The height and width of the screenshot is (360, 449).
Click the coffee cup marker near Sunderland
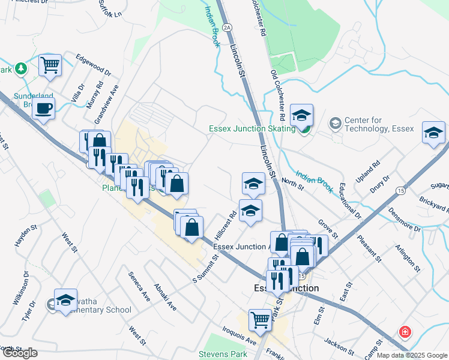[43, 109]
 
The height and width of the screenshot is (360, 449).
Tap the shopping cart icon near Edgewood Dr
[50, 64]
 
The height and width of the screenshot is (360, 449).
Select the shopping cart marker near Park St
[260, 319]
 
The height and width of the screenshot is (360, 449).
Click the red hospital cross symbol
[406, 332]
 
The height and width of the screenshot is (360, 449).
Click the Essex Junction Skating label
[252, 129]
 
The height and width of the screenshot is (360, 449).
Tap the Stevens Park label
[222, 355]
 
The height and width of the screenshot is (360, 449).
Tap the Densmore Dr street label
[405, 219]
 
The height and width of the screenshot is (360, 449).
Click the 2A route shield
[226, 27]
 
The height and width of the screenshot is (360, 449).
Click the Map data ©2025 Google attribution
[412, 355]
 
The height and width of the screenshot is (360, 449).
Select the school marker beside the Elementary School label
[65, 301]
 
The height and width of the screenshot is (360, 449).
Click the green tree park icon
[21, 68]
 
